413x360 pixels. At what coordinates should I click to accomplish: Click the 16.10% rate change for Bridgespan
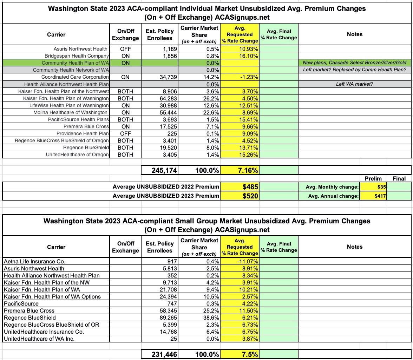coord(247,56)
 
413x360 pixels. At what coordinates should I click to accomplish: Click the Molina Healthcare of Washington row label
coord(70,112)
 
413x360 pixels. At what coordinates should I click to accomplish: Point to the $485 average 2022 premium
coord(250,187)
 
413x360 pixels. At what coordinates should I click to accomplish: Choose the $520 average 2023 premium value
coord(250,196)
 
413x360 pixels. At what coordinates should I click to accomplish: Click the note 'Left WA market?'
coord(354,84)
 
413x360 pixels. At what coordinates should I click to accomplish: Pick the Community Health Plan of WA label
coord(75,63)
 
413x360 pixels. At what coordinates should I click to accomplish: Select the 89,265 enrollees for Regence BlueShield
coord(167,318)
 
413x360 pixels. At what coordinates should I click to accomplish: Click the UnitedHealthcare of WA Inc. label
coord(39,339)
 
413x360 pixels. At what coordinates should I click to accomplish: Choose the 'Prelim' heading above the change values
coord(373,178)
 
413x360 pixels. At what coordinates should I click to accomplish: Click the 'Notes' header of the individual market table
coord(354,34)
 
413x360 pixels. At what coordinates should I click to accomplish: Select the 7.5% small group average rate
coord(249,354)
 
